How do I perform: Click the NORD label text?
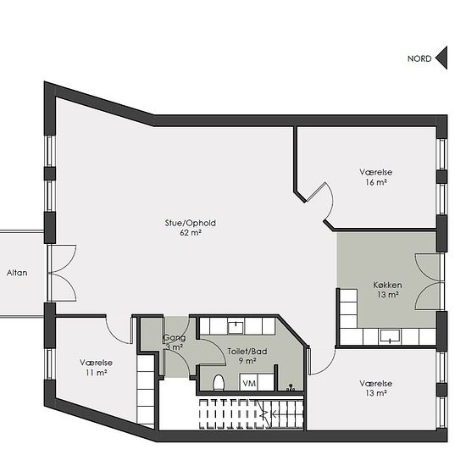[x=419, y=58]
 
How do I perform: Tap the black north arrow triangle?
[x=441, y=58]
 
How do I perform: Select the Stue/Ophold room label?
[x=190, y=223]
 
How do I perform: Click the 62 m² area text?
[x=191, y=232]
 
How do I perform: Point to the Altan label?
[x=17, y=273]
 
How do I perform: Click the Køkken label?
[x=387, y=285]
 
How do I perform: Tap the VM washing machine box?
[x=249, y=383]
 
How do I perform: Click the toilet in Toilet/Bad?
[x=219, y=382]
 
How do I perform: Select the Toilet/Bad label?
[x=247, y=352]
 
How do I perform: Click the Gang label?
[x=175, y=338]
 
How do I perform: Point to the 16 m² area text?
[x=376, y=182]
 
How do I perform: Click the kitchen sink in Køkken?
[x=390, y=336]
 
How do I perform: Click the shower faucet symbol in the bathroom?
[x=291, y=387]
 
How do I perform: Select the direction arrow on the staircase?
[x=269, y=414]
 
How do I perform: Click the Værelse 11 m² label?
[x=96, y=368]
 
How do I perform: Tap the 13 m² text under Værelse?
[x=376, y=393]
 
